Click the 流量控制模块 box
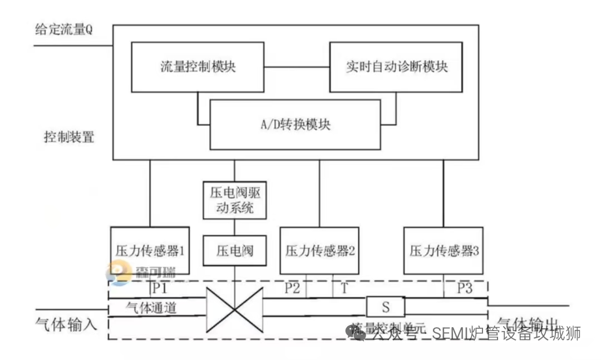[198, 67]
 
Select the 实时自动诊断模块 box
[396, 67]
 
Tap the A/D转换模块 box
[295, 124]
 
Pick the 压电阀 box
[234, 251]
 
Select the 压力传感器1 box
[150, 250]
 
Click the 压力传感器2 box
[319, 250]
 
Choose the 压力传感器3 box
[444, 250]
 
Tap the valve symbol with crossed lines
[234, 310]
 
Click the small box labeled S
[385, 307]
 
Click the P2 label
[292, 288]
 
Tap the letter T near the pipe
[344, 288]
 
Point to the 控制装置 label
[69, 137]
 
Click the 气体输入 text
[66, 324]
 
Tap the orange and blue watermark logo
[119, 274]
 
